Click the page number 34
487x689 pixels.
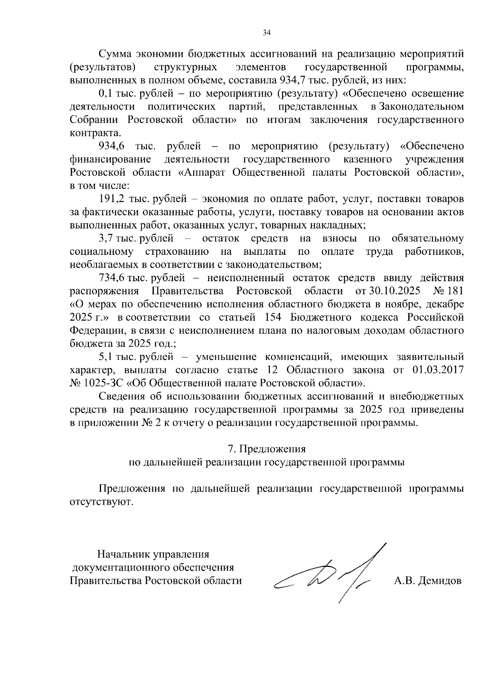267,33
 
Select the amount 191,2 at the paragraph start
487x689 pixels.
111,199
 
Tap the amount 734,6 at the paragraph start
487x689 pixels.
111,278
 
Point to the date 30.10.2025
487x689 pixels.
392,291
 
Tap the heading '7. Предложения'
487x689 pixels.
267,449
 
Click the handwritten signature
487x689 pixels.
325,576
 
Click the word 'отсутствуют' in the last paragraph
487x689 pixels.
101,502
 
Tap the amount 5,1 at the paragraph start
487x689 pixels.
106,357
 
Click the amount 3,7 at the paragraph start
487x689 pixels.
106,239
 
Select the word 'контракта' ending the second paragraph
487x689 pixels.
95,133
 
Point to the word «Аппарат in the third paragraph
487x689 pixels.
203,173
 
